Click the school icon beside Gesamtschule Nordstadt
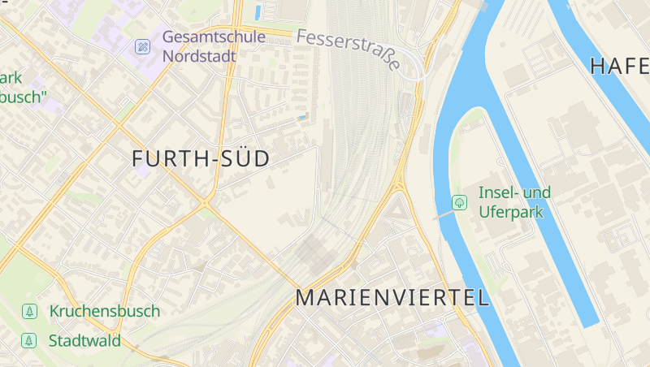click(x=143, y=46)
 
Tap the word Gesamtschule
click(x=213, y=37)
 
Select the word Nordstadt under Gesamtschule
click(x=199, y=57)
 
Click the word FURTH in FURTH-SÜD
click(x=169, y=159)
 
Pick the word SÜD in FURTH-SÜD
click(x=243, y=159)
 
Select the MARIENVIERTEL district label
click(x=392, y=297)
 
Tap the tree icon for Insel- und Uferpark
click(x=460, y=201)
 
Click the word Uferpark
click(x=510, y=212)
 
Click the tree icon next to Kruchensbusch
click(x=30, y=311)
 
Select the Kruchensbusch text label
click(x=104, y=311)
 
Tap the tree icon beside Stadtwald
click(x=30, y=340)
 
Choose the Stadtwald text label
click(x=84, y=340)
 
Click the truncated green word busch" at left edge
click(x=23, y=97)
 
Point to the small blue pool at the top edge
click(x=258, y=12)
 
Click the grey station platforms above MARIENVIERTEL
click(x=317, y=254)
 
